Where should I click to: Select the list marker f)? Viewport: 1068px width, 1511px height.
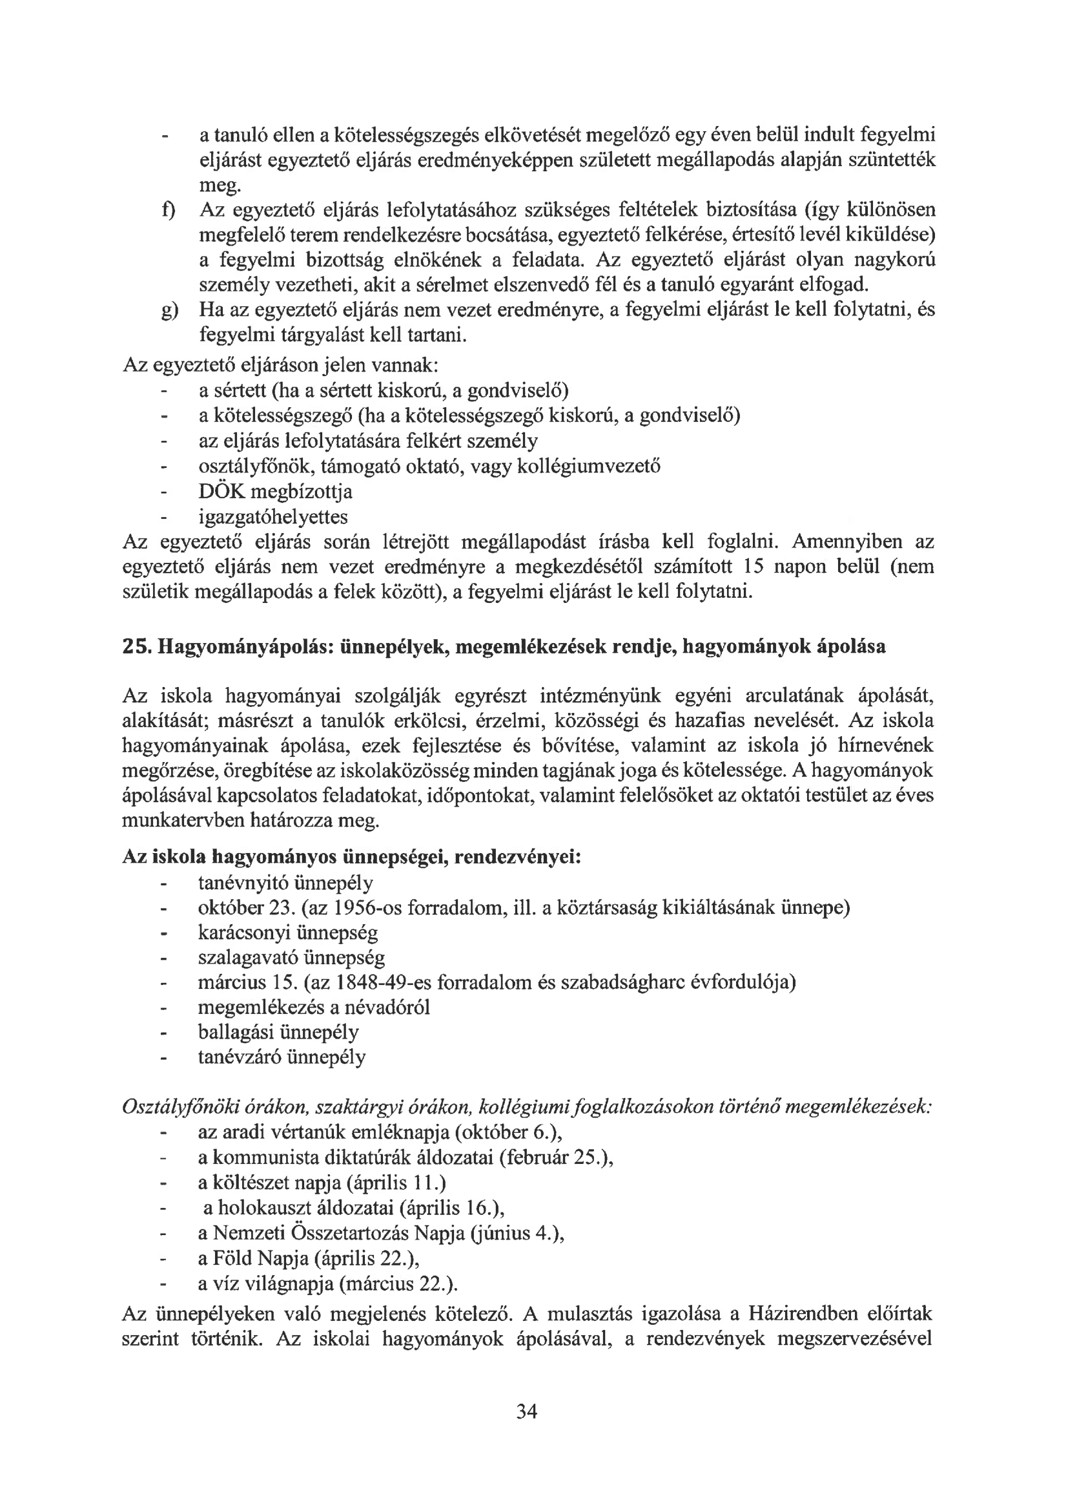tap(168, 211)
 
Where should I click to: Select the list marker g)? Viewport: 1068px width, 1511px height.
tap(169, 311)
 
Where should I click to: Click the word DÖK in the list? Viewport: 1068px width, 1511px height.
tap(223, 492)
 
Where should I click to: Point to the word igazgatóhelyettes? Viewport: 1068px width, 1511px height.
tap(273, 516)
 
